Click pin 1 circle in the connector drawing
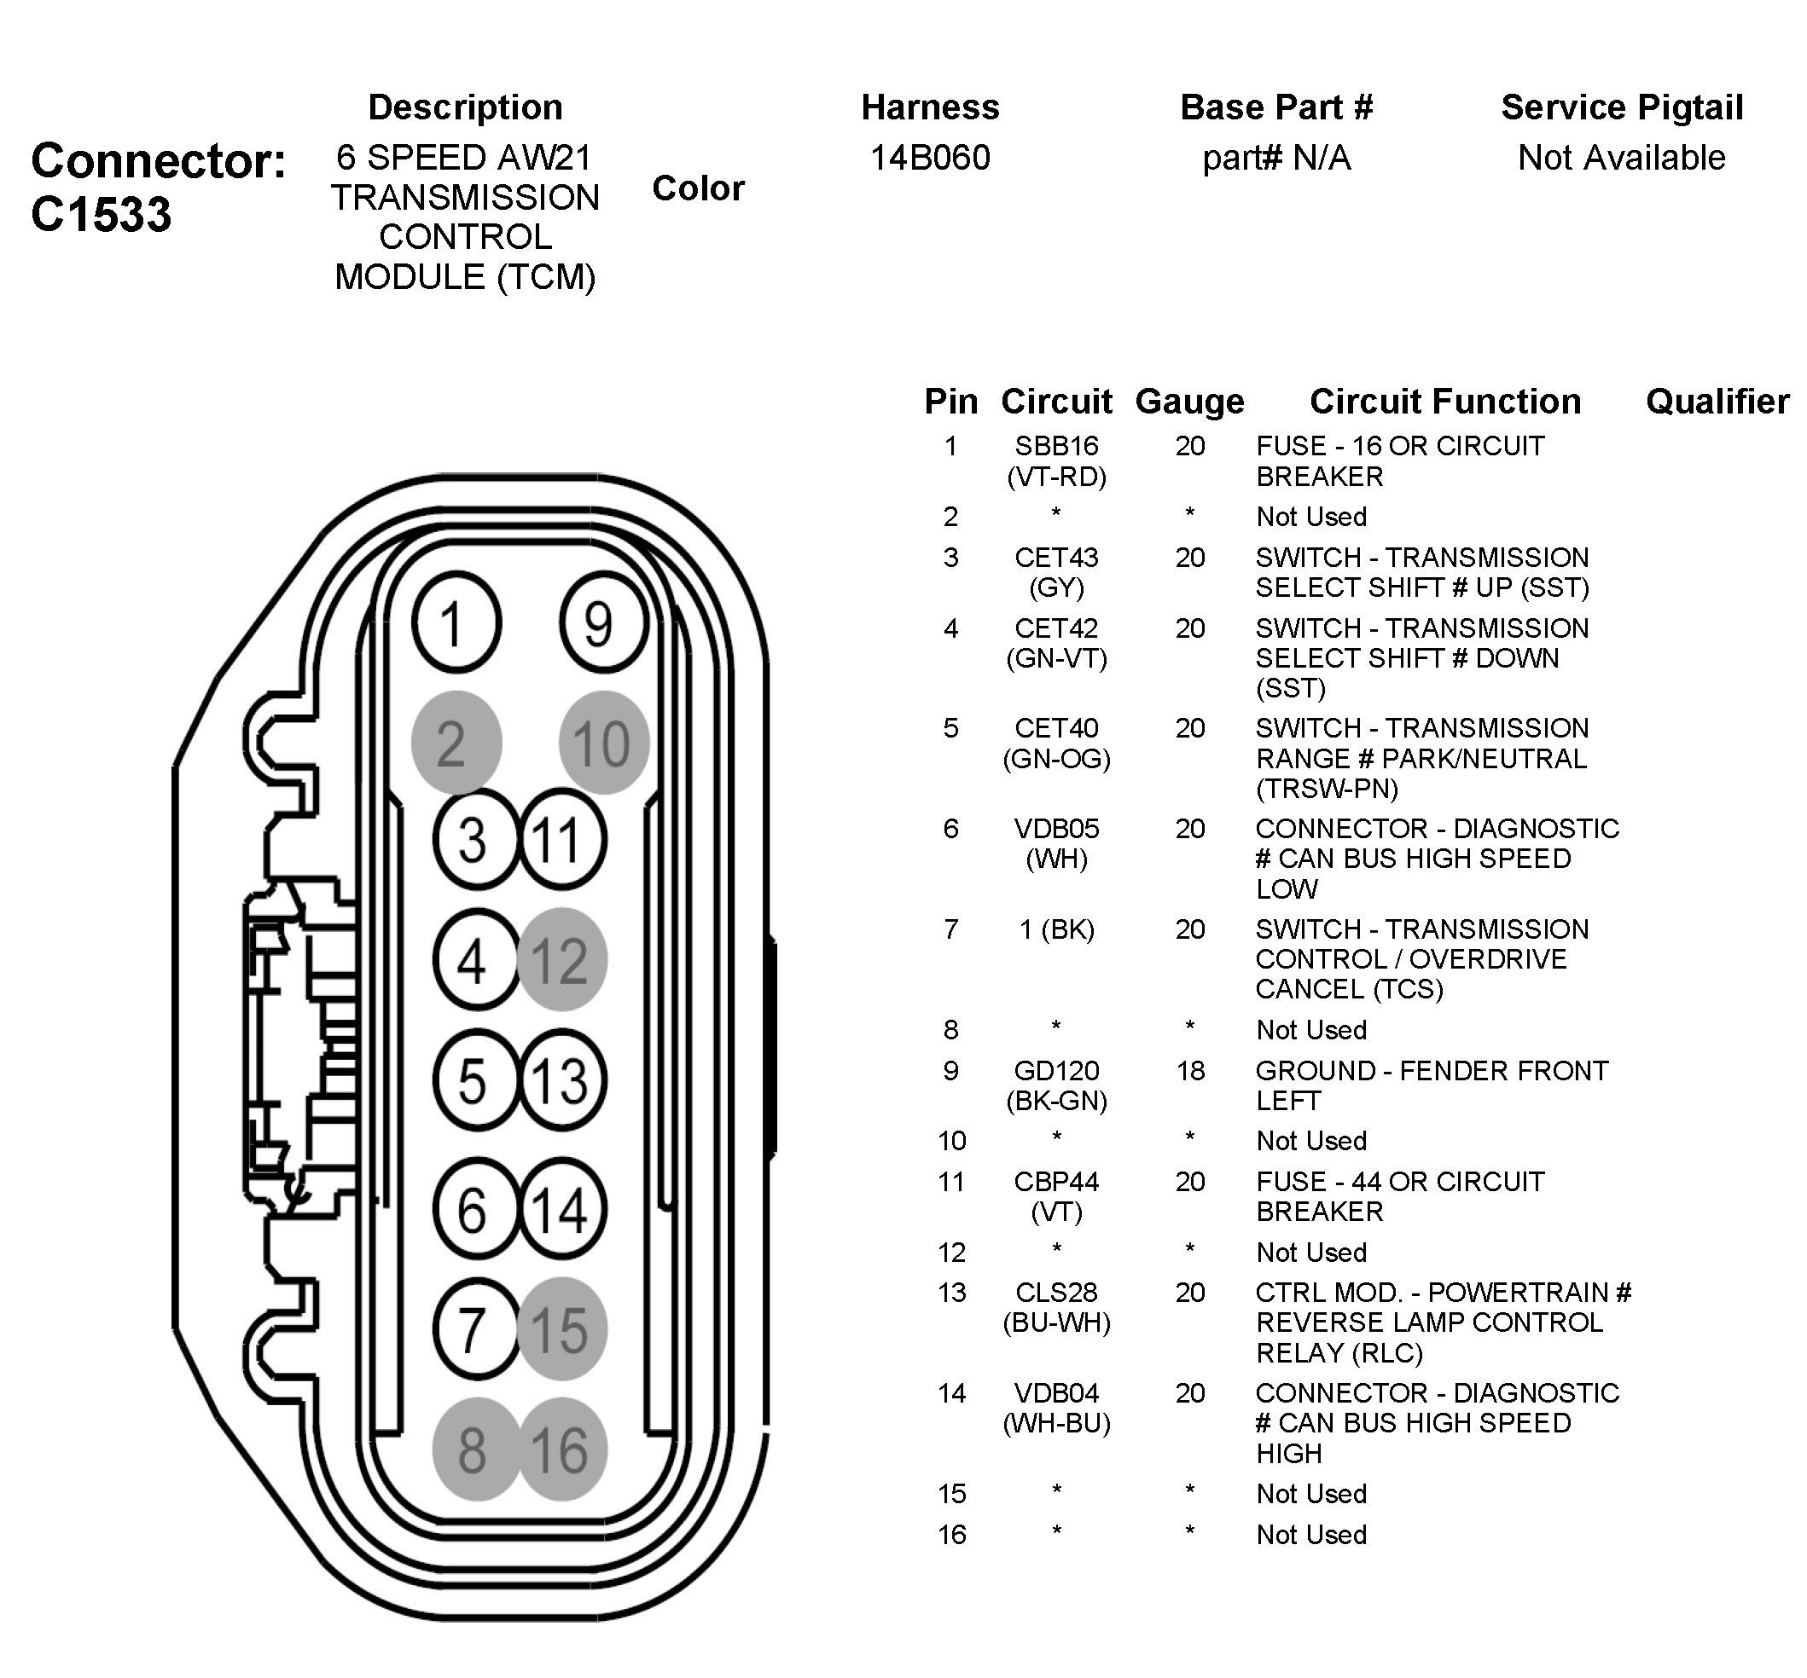(x=456, y=623)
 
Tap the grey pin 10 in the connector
(x=603, y=743)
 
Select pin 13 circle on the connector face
(x=561, y=1079)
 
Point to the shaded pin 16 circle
(x=561, y=1449)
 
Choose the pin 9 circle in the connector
(x=603, y=623)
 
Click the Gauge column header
(x=1189, y=402)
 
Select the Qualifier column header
(x=1717, y=402)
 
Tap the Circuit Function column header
(x=1444, y=402)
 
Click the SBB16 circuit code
(x=1055, y=446)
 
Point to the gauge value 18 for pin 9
(x=1190, y=1071)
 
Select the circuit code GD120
(x=1055, y=1071)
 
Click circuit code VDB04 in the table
(x=1055, y=1393)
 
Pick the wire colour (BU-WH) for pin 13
(x=1055, y=1323)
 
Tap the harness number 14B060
(x=929, y=158)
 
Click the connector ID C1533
(x=101, y=214)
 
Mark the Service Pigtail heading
(x=1622, y=107)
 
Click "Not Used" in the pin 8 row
(x=1311, y=1030)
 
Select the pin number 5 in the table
(x=950, y=728)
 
